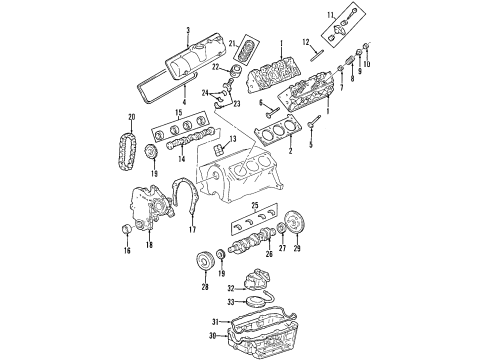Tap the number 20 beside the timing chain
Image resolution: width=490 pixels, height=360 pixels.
coord(125,118)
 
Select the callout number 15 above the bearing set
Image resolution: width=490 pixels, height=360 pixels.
coord(178,111)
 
